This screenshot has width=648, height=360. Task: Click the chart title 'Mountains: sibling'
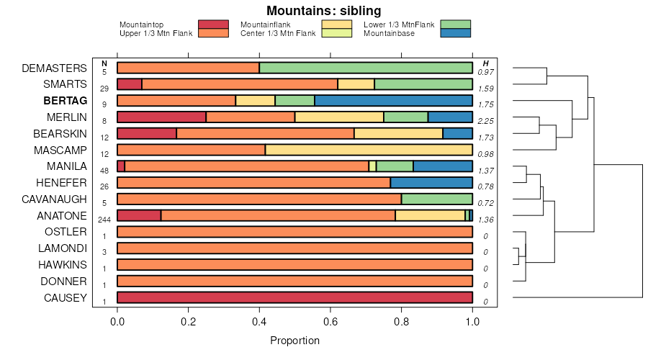[323, 11]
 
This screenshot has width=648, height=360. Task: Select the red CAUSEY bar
[294, 298]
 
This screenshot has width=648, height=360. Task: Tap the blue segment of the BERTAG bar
[393, 101]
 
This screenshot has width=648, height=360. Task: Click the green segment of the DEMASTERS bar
[366, 68]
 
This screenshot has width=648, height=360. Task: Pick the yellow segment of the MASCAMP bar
[369, 150]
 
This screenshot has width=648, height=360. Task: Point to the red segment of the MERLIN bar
[161, 117]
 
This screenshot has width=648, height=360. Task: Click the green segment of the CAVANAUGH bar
[436, 199]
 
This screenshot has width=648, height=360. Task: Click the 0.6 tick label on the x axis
[330, 321]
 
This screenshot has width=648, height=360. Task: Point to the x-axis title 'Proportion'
[294, 340]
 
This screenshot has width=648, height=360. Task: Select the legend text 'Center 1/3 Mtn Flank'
[277, 33]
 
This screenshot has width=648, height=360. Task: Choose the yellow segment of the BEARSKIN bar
[398, 133]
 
